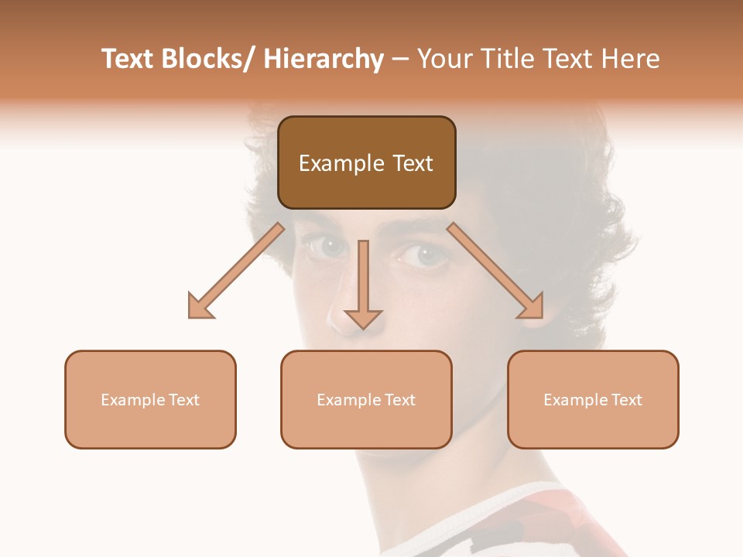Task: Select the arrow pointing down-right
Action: [x=496, y=272]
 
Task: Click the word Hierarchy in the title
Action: [x=324, y=59]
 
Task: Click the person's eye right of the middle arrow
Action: [x=423, y=255]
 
